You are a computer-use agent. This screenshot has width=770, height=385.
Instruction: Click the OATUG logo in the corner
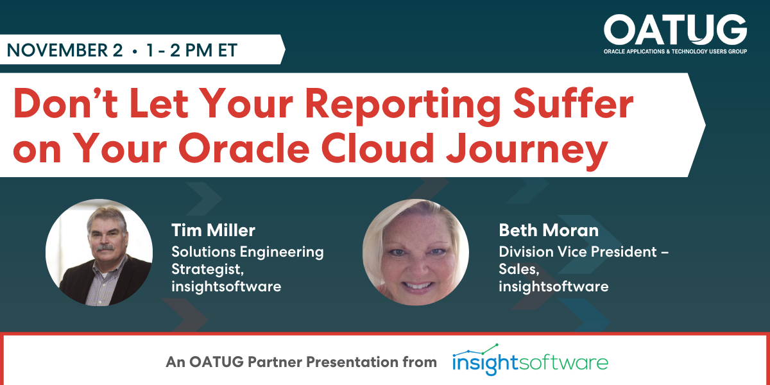[x=675, y=34]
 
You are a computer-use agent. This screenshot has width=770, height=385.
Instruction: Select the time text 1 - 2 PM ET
[x=192, y=50]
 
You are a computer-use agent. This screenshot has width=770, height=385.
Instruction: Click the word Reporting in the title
[x=403, y=105]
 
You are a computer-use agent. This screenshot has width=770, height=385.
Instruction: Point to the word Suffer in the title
[x=573, y=103]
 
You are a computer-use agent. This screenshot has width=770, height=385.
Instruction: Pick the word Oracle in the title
[x=244, y=148]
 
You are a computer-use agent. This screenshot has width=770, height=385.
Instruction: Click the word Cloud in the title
[x=377, y=148]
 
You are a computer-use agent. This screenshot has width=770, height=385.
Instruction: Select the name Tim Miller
[x=213, y=230]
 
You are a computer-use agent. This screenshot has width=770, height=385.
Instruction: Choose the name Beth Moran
[x=549, y=230]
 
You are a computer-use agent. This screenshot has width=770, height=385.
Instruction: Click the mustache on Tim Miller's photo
[x=105, y=248]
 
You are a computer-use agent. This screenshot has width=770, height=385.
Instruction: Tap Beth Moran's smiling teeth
[x=418, y=286]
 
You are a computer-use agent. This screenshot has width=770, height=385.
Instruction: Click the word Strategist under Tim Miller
[x=207, y=269]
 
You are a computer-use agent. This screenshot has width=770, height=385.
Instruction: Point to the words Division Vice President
[x=578, y=252]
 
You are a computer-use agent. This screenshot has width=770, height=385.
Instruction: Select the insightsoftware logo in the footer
[x=530, y=360]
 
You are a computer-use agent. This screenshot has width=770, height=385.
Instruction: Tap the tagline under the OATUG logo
[x=675, y=51]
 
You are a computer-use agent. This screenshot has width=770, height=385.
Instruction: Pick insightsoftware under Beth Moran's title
[x=553, y=286]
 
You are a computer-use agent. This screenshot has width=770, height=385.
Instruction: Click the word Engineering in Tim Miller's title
[x=282, y=252]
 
